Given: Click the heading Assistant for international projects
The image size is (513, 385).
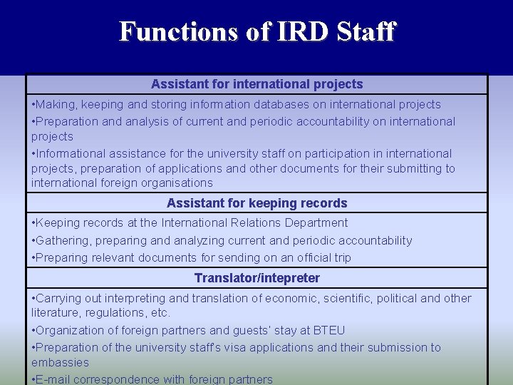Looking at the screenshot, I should coord(257,84).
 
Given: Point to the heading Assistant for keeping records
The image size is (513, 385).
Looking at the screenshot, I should coord(257,203).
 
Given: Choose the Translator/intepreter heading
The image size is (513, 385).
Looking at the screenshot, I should coord(257,278).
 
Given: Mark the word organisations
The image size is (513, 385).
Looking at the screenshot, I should coord(173,183).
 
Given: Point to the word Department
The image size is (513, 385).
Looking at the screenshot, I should coord(313,223).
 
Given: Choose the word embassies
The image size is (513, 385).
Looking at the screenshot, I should coord(61,363).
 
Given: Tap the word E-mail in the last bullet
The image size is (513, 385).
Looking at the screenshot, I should coord(54,379).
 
